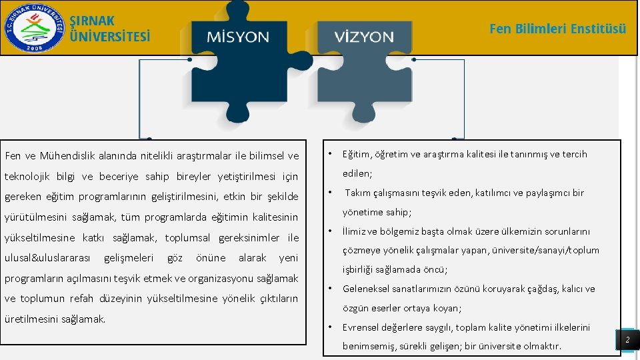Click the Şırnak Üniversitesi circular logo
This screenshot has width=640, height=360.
point(33,27)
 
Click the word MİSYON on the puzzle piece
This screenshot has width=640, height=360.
point(238,37)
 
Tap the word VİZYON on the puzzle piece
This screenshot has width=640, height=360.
point(365,37)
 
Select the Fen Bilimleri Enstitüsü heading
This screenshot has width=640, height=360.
point(557,29)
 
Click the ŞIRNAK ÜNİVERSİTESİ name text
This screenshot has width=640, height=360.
point(110,29)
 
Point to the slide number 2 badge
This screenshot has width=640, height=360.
point(627,341)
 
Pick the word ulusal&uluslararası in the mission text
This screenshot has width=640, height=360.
point(49,258)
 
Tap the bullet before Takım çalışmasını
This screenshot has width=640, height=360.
point(331,193)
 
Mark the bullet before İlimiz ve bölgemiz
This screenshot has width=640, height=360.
point(331,231)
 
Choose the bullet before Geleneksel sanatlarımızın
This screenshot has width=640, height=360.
point(331,289)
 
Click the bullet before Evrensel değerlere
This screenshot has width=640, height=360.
point(331,327)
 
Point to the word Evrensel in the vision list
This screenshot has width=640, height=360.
point(361,327)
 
